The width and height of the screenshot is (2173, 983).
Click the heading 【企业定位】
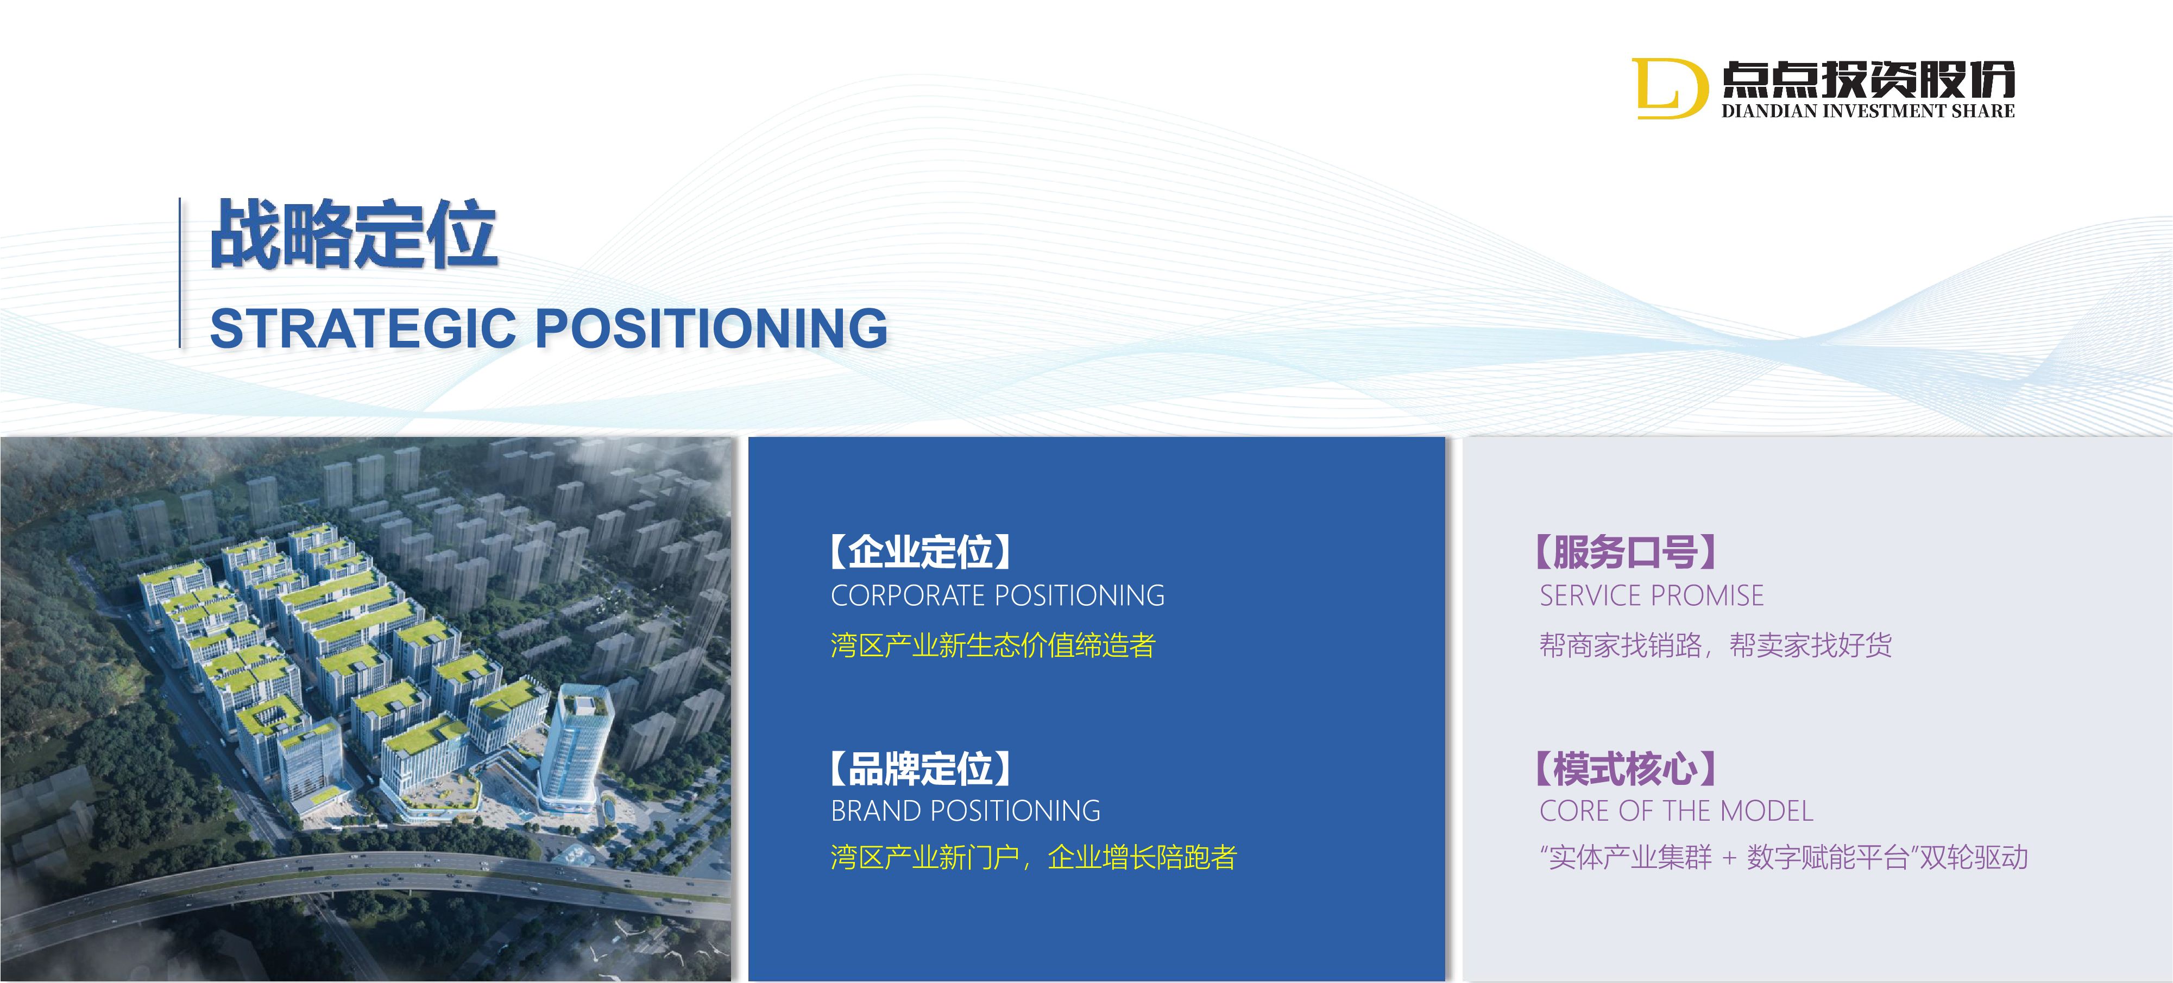tap(921, 551)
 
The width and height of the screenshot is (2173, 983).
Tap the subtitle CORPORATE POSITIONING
tap(998, 596)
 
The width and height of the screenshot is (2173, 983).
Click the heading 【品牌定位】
tap(921, 768)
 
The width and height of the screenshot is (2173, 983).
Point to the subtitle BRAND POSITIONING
tap(966, 811)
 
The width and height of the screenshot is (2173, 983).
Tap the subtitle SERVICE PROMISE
tap(1652, 596)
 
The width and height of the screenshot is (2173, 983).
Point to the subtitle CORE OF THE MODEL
tap(1676, 811)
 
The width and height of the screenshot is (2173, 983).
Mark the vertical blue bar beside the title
tap(180, 272)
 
